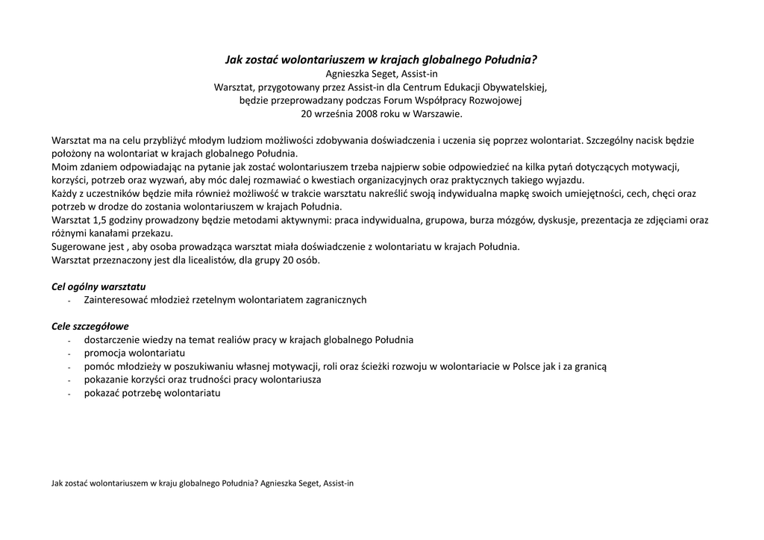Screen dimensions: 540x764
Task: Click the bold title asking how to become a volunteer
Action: pyautogui.click(x=381, y=59)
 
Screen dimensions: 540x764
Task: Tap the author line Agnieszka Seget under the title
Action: pyautogui.click(x=381, y=73)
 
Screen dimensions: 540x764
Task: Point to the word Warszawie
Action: pyautogui.click(x=436, y=114)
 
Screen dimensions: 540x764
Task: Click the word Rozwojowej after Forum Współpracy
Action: pyautogui.click(x=497, y=100)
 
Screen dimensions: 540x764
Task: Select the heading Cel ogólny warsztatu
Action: pyautogui.click(x=98, y=286)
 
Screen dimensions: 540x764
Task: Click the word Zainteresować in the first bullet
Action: pyautogui.click(x=119, y=300)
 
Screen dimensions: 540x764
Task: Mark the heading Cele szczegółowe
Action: pyautogui.click(x=90, y=326)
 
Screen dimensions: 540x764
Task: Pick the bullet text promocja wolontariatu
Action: pyautogui.click(x=134, y=353)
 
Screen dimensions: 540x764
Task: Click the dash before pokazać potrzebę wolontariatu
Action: pyautogui.click(x=69, y=394)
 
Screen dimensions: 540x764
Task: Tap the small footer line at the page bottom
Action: pyautogui.click(x=202, y=483)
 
